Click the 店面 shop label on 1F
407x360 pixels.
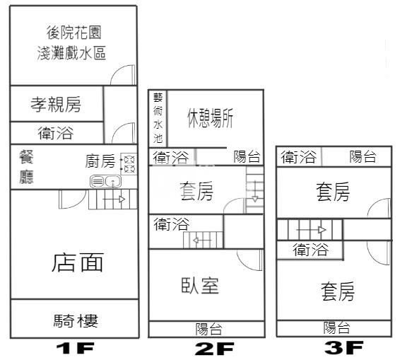(78, 262)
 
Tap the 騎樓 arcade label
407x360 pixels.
(76, 321)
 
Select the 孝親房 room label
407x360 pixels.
(56, 105)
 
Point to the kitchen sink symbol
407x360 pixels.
(105, 181)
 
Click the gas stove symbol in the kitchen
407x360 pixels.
(129, 164)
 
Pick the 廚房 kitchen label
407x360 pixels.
(100, 161)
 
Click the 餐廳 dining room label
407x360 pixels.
(26, 168)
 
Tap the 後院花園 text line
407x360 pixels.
(74, 33)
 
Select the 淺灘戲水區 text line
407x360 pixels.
(71, 53)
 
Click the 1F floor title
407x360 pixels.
(76, 348)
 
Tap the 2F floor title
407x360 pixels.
(214, 349)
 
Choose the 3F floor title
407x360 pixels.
(344, 347)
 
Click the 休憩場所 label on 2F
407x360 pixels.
(211, 118)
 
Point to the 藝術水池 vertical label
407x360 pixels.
(158, 118)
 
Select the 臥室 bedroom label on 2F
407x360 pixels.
(200, 286)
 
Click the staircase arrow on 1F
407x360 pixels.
(114, 199)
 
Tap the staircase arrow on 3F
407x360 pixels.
(311, 230)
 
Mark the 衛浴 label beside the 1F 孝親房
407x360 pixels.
(56, 133)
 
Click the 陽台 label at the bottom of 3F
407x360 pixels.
(336, 327)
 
